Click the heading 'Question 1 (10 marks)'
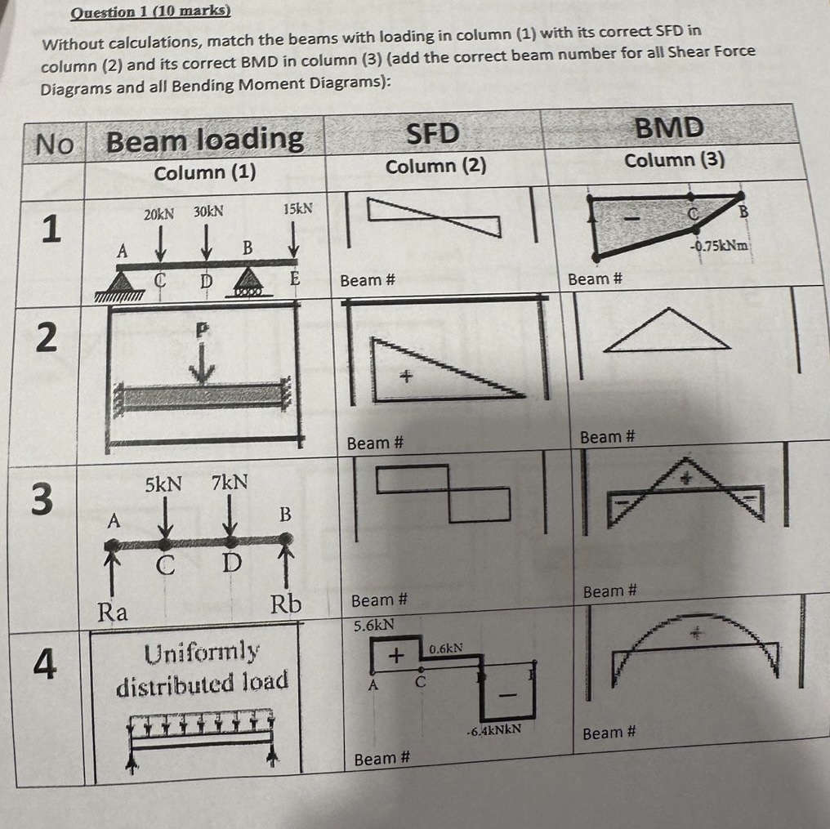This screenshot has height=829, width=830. pyautogui.click(x=150, y=11)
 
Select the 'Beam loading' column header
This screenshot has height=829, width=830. pyautogui.click(x=204, y=140)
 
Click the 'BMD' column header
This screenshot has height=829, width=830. pyautogui.click(x=669, y=127)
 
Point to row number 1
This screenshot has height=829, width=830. pyautogui.click(x=51, y=230)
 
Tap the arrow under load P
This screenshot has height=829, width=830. pyautogui.click(x=202, y=369)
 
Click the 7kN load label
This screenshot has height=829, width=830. pyautogui.click(x=230, y=483)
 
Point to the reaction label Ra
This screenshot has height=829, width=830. pyautogui.click(x=113, y=611)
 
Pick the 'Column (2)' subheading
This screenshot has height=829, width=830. pyautogui.click(x=435, y=166)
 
